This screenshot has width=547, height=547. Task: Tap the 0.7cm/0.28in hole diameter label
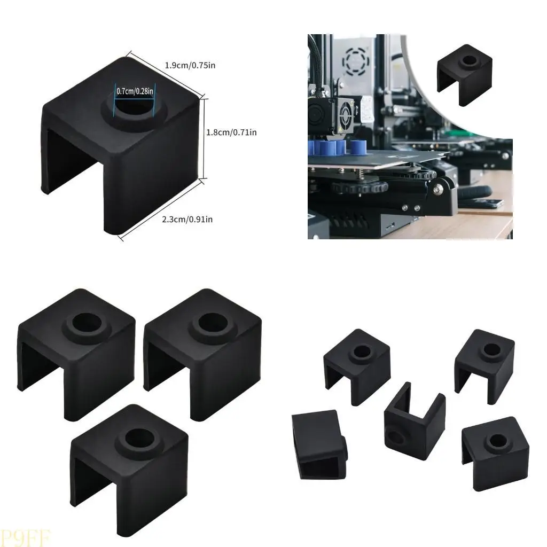(x=135, y=91)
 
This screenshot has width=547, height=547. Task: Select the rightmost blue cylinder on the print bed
(x=358, y=147)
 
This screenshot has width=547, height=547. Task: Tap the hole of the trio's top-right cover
(x=209, y=322)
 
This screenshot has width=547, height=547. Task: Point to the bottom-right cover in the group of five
(x=490, y=449)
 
